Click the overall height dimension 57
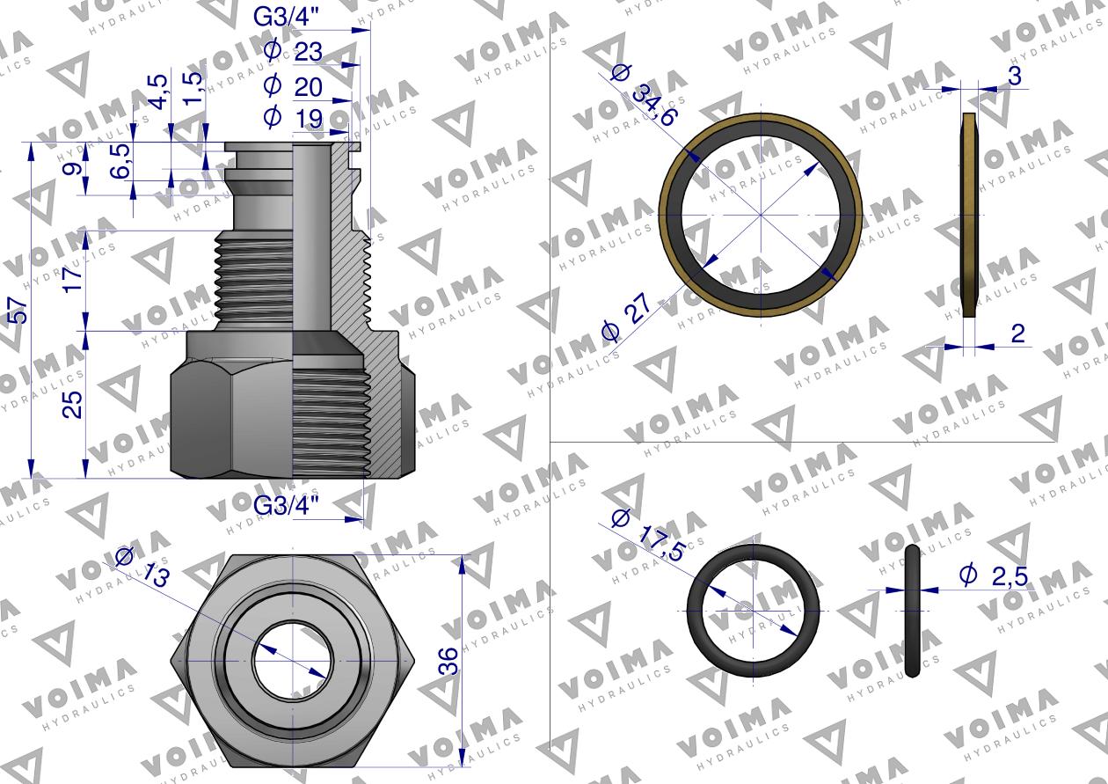coord(19,311)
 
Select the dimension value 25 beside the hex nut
coord(73,405)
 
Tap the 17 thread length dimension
coord(73,280)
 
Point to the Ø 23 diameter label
coord(294,51)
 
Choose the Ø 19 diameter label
coord(294,119)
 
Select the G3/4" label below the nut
coord(286,506)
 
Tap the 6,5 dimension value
coord(121,161)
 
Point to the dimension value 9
coord(73,169)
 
